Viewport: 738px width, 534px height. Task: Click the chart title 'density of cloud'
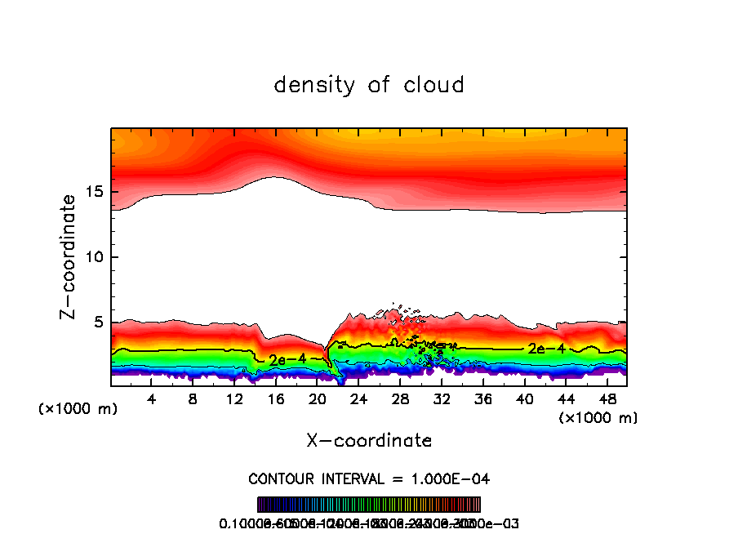[369, 84]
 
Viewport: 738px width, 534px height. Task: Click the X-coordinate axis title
[369, 441]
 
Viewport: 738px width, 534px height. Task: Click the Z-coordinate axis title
[70, 256]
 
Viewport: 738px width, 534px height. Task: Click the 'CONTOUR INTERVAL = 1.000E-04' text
[369, 478]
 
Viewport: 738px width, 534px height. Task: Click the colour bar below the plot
[369, 504]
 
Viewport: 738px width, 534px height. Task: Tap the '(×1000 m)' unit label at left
[78, 409]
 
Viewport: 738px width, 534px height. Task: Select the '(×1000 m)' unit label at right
[598, 418]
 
